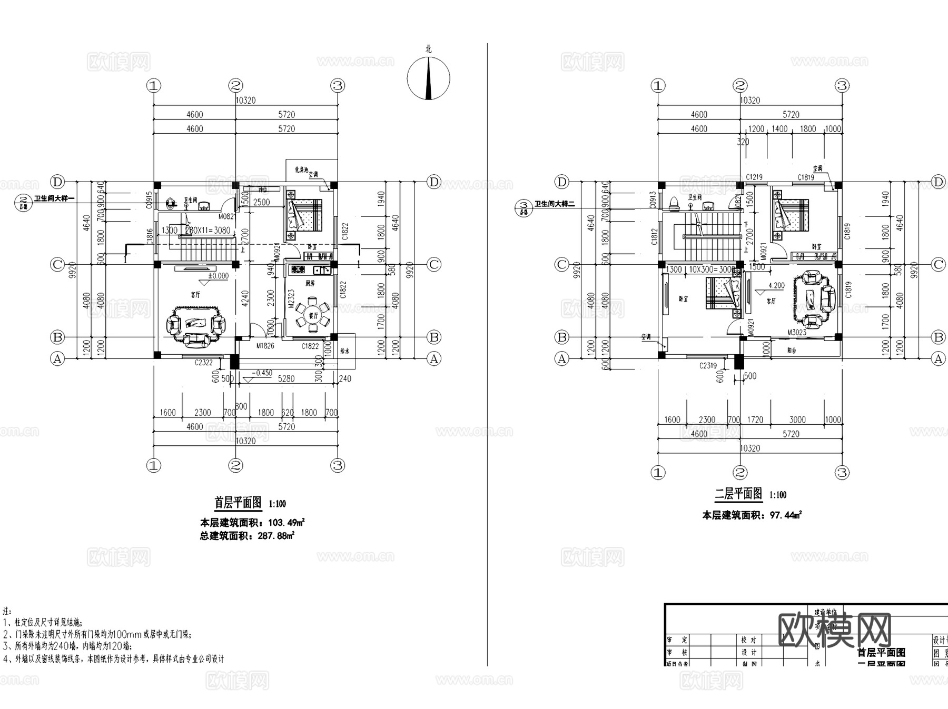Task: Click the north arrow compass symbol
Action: click(428, 78)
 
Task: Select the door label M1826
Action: click(265, 346)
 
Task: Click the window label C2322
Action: click(203, 363)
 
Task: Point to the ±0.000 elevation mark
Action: click(218, 276)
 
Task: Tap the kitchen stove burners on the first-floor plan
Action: click(298, 271)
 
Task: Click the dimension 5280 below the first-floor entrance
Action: click(286, 378)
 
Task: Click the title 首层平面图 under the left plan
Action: click(238, 503)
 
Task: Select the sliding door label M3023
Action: click(797, 332)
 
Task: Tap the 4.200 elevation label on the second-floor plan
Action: click(776, 286)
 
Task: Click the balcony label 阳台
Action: click(791, 350)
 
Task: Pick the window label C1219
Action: click(754, 177)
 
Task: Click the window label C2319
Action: click(708, 365)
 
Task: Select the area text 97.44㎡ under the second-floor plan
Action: click(785, 515)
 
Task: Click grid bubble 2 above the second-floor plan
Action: click(740, 85)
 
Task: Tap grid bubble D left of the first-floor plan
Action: click(57, 182)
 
